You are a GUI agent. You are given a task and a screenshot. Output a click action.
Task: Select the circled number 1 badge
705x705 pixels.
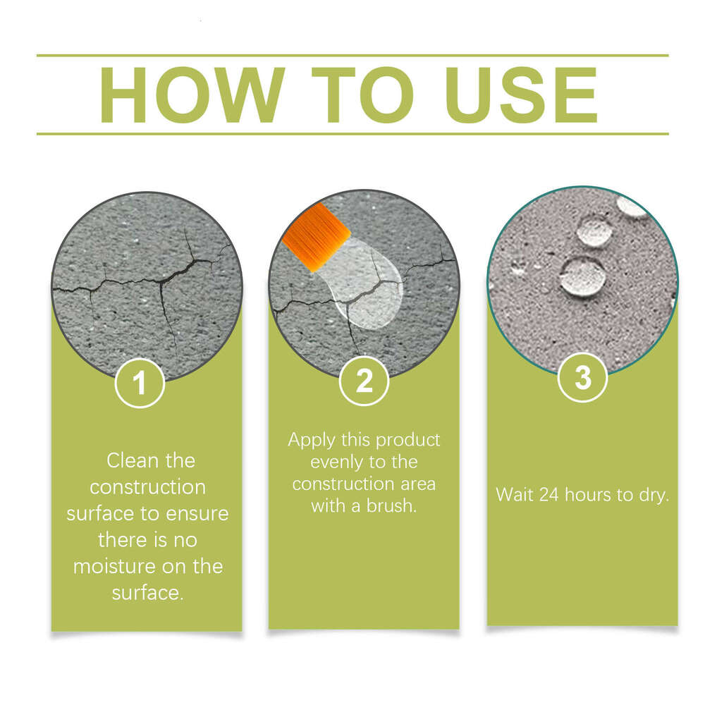click(x=140, y=384)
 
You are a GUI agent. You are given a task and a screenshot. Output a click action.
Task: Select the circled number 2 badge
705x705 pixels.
click(x=364, y=381)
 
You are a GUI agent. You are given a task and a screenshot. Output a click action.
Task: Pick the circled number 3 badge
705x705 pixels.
click(x=582, y=378)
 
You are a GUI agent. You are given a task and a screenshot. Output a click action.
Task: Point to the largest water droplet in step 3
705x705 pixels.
click(x=582, y=276)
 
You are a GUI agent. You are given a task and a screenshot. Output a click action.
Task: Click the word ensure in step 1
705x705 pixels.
click(x=197, y=513)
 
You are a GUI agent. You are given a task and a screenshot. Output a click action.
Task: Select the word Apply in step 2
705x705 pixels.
click(x=311, y=439)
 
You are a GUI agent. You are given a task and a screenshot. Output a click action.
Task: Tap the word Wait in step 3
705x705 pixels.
click(x=515, y=494)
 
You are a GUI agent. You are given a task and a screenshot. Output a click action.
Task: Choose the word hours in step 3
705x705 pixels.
click(x=591, y=494)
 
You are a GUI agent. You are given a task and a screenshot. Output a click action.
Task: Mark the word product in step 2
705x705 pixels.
click(x=408, y=439)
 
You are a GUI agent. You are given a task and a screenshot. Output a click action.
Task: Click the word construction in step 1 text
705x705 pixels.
click(x=148, y=487)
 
